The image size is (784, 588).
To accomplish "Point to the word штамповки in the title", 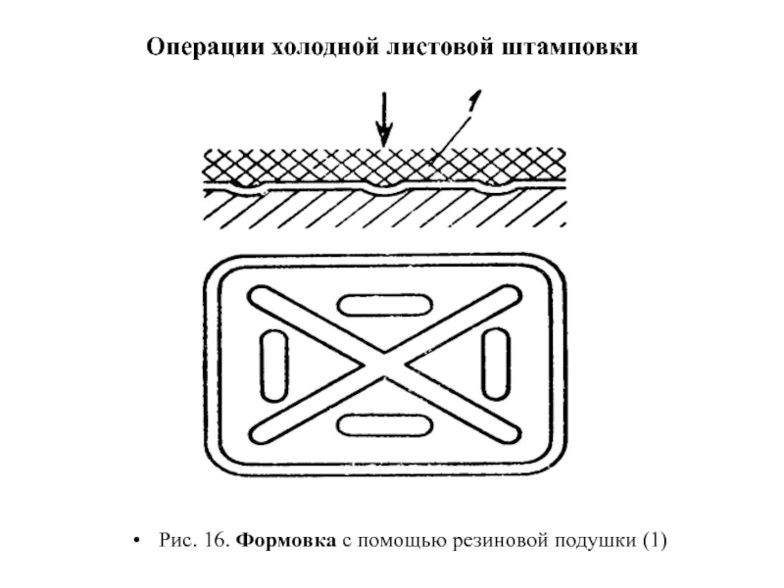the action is click(567, 47).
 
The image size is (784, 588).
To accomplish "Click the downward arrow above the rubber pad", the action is click(384, 118).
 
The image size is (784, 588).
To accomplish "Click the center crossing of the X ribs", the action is click(383, 364).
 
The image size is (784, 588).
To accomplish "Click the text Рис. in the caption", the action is click(173, 541).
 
